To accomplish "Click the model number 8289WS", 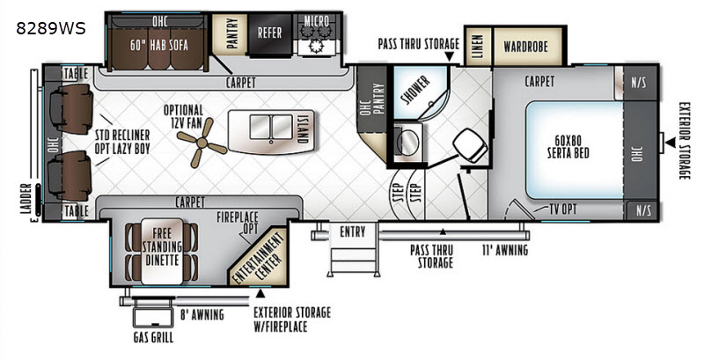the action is click(51, 29).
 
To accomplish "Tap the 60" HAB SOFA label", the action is click(159, 45).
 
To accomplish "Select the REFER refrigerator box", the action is click(270, 33).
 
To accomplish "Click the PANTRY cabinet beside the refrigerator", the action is click(230, 34).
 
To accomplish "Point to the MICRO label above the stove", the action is click(317, 20).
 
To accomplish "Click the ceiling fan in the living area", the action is click(202, 143).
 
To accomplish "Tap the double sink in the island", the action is click(271, 127).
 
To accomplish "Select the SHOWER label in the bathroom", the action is click(415, 90).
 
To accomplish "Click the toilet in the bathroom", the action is click(470, 145).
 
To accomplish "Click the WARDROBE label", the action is click(525, 47).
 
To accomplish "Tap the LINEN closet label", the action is click(478, 47).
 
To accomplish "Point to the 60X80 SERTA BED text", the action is click(568, 147).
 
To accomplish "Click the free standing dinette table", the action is click(162, 252).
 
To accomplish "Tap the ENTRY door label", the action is click(353, 232).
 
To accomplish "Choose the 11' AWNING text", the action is click(505, 250).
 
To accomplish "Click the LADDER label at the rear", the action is click(26, 198).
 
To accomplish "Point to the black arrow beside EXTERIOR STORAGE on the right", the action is click(671, 143).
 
